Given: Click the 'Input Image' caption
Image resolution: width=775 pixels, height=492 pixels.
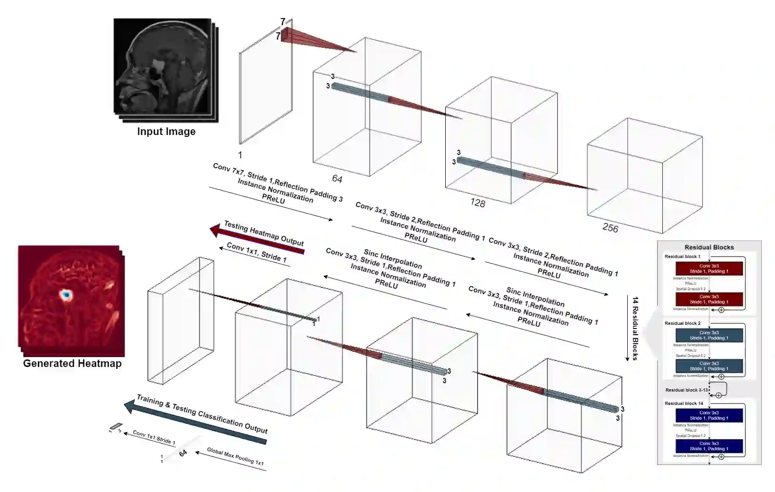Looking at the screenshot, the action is (x=166, y=132).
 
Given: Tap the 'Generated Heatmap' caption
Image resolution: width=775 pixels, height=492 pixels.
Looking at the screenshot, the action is (x=72, y=364).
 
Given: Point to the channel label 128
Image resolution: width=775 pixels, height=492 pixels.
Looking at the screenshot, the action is (x=478, y=203).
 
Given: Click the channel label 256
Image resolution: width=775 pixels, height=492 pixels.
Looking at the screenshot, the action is (x=610, y=228).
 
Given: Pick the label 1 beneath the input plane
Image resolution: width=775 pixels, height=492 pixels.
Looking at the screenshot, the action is (x=240, y=155).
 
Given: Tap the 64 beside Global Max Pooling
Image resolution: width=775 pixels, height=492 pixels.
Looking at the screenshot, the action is (x=183, y=453).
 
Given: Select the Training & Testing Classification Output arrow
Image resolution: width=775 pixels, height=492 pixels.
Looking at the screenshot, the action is (x=195, y=420).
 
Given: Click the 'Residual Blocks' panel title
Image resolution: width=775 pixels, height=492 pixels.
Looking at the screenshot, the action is (x=709, y=247).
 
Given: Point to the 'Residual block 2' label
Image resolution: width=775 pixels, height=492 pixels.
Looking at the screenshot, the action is (x=682, y=323).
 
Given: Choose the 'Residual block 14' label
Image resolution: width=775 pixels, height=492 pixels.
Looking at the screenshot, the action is (x=684, y=404).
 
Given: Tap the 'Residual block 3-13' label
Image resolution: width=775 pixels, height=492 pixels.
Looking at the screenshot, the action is (x=686, y=390).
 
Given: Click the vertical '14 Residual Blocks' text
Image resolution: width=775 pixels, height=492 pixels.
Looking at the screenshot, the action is (x=635, y=328).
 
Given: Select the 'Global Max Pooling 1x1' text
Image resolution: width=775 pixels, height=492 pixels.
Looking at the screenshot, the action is (x=235, y=457).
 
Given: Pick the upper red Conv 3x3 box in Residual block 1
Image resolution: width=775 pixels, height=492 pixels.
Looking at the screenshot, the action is (x=709, y=269).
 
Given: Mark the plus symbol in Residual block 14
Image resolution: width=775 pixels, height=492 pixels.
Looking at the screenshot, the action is (x=721, y=457).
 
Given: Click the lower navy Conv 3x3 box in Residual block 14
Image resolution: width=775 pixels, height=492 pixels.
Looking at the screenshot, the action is (x=709, y=446).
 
